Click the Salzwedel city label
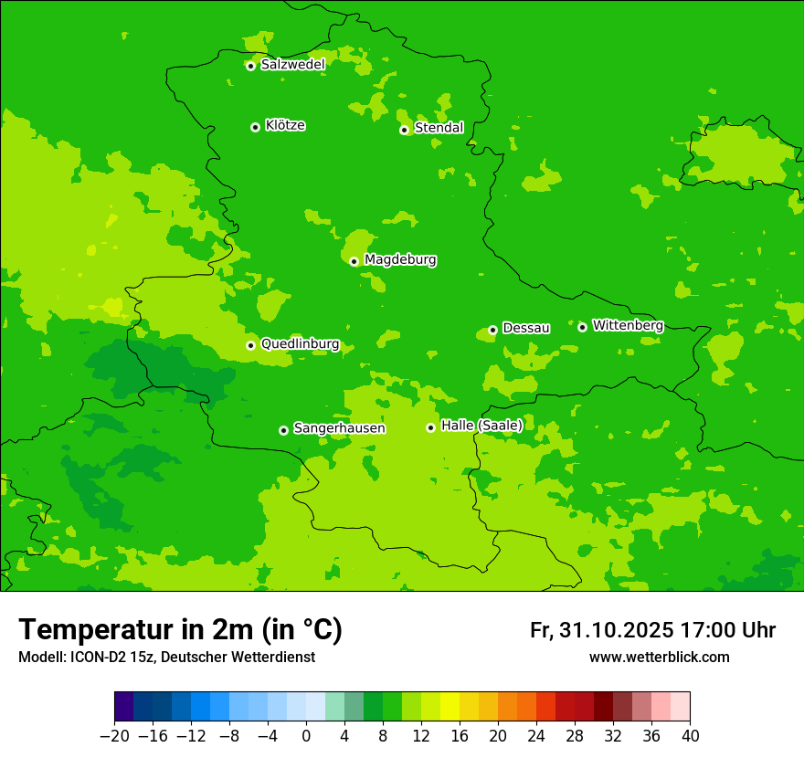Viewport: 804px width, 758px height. (292, 65)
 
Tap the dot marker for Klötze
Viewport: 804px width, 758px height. (255, 127)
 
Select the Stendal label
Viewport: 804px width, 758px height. (439, 128)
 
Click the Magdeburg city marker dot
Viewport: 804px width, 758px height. (354, 261)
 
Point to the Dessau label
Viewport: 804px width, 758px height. (526, 328)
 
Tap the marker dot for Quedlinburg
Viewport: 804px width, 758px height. (250, 345)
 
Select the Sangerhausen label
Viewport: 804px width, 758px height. (339, 428)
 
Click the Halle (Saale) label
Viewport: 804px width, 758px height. (481, 426)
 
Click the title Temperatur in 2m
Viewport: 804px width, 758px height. (180, 630)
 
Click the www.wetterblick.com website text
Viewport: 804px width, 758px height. (659, 657)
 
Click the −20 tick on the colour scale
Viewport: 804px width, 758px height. (114, 736)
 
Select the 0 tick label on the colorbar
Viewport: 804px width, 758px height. (306, 736)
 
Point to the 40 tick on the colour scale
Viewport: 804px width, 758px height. (690, 736)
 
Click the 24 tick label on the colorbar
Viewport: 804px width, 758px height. (536, 736)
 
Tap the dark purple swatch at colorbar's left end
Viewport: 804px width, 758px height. (123, 707)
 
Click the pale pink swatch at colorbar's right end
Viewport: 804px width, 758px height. (680, 707)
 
